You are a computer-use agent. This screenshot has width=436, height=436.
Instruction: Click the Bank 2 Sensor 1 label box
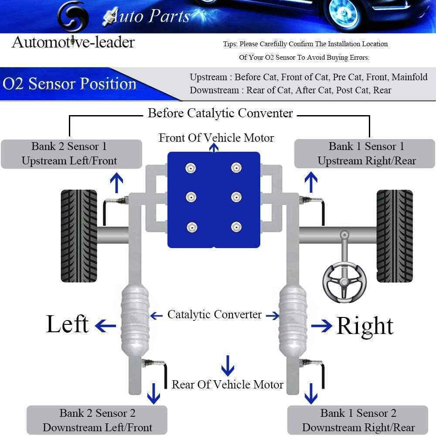[x=72, y=153]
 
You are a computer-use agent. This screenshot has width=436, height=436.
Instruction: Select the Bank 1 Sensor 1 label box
[x=364, y=153]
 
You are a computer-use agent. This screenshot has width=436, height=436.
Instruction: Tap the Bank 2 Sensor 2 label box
[x=97, y=420]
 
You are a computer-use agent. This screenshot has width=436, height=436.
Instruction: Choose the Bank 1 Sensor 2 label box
[x=358, y=420]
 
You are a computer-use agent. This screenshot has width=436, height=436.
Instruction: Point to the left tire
[x=79, y=235]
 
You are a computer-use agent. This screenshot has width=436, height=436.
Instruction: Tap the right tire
[x=394, y=235]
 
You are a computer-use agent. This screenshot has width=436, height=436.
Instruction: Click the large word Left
[x=67, y=325]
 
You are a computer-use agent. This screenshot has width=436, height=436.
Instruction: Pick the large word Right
[x=365, y=326]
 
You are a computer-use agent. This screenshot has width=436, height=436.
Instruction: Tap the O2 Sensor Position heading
[x=70, y=84]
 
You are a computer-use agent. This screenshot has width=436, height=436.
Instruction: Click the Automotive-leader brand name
[x=73, y=42]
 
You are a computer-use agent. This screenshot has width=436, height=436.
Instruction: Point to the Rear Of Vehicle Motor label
[x=227, y=385]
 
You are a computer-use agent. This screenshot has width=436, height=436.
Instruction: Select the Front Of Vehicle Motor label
[x=216, y=138]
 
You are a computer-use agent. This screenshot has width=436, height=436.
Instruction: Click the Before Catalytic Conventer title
[x=220, y=113]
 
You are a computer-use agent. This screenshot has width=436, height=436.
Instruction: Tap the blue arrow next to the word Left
[x=106, y=325]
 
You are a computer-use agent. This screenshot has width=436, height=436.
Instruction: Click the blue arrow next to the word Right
[x=322, y=326]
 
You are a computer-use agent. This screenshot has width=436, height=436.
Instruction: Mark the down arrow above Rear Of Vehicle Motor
[x=228, y=365]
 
